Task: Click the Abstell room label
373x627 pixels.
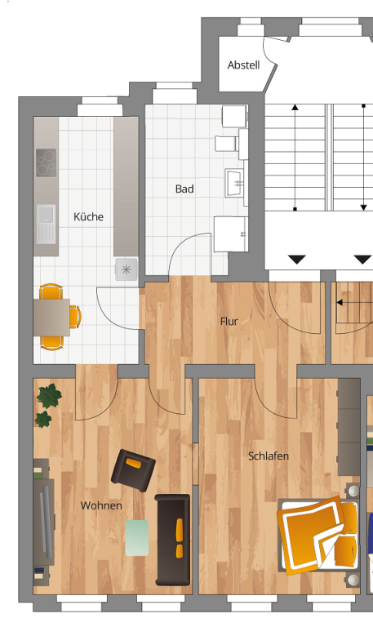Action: (243, 64)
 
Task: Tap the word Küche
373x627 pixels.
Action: (88, 216)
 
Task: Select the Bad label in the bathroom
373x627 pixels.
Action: (184, 189)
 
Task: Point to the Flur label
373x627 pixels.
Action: (229, 321)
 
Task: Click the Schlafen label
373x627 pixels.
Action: (269, 456)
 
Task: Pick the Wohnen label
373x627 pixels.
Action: (101, 505)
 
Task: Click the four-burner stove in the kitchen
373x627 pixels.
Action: (46, 162)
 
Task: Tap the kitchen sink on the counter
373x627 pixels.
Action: (47, 225)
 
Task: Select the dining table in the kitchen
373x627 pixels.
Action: (51, 318)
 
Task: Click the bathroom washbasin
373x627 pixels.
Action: (235, 183)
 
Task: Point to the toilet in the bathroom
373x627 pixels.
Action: (227, 143)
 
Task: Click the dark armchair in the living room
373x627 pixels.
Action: (133, 470)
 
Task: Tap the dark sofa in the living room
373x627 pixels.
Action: (173, 540)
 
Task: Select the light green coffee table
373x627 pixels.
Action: (137, 538)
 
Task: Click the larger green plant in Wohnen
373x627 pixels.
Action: (49, 396)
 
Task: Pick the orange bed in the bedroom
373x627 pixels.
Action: (318, 535)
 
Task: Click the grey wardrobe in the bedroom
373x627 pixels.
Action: (349, 427)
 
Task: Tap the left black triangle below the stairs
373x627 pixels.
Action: (296, 260)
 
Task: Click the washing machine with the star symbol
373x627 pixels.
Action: (127, 269)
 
